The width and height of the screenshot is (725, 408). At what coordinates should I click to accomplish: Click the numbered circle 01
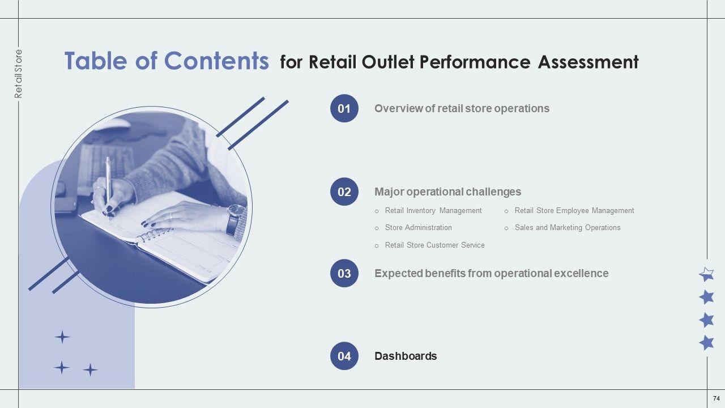pos(344,108)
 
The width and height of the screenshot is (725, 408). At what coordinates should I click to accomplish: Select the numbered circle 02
pos(344,192)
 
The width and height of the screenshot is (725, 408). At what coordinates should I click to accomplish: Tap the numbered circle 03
pos(344,274)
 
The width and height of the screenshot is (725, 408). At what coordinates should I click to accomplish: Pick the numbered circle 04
pos(344,356)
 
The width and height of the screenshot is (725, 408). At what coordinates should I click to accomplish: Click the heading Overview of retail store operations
pos(462,108)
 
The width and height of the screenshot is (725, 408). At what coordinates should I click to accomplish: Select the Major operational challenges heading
pos(447,192)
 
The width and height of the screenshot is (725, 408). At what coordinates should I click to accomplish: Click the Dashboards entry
pos(406,356)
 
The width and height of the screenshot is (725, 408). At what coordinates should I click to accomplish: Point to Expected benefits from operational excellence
pos(491,274)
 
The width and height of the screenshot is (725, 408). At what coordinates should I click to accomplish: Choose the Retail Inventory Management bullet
pos(433,211)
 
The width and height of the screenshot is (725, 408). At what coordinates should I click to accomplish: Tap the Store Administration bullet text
pos(418,228)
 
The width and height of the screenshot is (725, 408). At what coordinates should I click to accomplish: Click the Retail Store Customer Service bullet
pos(434,245)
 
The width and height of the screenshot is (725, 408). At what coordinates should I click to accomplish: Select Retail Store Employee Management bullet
pos(574,211)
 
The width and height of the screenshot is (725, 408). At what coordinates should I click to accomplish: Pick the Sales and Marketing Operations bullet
pos(567,228)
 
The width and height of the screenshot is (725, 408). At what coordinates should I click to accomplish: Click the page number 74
pos(717,399)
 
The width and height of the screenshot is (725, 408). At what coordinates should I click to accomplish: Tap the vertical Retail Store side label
pos(19,74)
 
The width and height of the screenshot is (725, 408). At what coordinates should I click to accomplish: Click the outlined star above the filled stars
pos(706,275)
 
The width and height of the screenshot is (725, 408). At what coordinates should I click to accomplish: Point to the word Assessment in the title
pos(588,62)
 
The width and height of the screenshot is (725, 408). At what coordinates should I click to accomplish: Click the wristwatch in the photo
pos(234,220)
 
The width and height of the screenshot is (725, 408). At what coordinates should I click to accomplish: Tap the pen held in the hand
pos(108,184)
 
